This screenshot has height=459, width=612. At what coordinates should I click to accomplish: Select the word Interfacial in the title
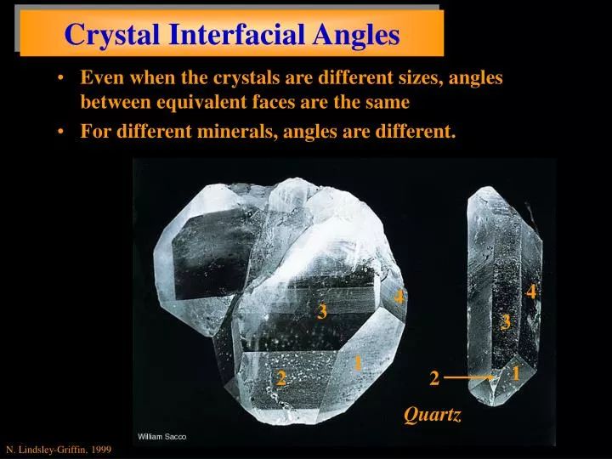(225, 34)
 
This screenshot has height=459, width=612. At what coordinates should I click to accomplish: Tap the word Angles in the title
(355, 34)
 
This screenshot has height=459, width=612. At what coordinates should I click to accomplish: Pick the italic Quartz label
(433, 415)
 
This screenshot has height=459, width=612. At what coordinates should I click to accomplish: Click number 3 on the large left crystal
(322, 312)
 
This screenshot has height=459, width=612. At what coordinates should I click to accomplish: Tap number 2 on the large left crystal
(280, 379)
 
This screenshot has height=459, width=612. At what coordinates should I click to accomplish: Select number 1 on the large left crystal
(359, 363)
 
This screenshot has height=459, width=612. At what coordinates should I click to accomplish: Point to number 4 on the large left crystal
(399, 297)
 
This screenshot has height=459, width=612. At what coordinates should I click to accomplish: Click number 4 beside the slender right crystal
(531, 292)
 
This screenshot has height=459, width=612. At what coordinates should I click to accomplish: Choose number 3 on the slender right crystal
(506, 322)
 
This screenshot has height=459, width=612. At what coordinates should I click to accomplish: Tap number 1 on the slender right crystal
(516, 373)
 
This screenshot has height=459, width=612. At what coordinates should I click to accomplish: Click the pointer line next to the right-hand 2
(468, 376)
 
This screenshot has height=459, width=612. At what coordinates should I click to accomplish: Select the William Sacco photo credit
(162, 436)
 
